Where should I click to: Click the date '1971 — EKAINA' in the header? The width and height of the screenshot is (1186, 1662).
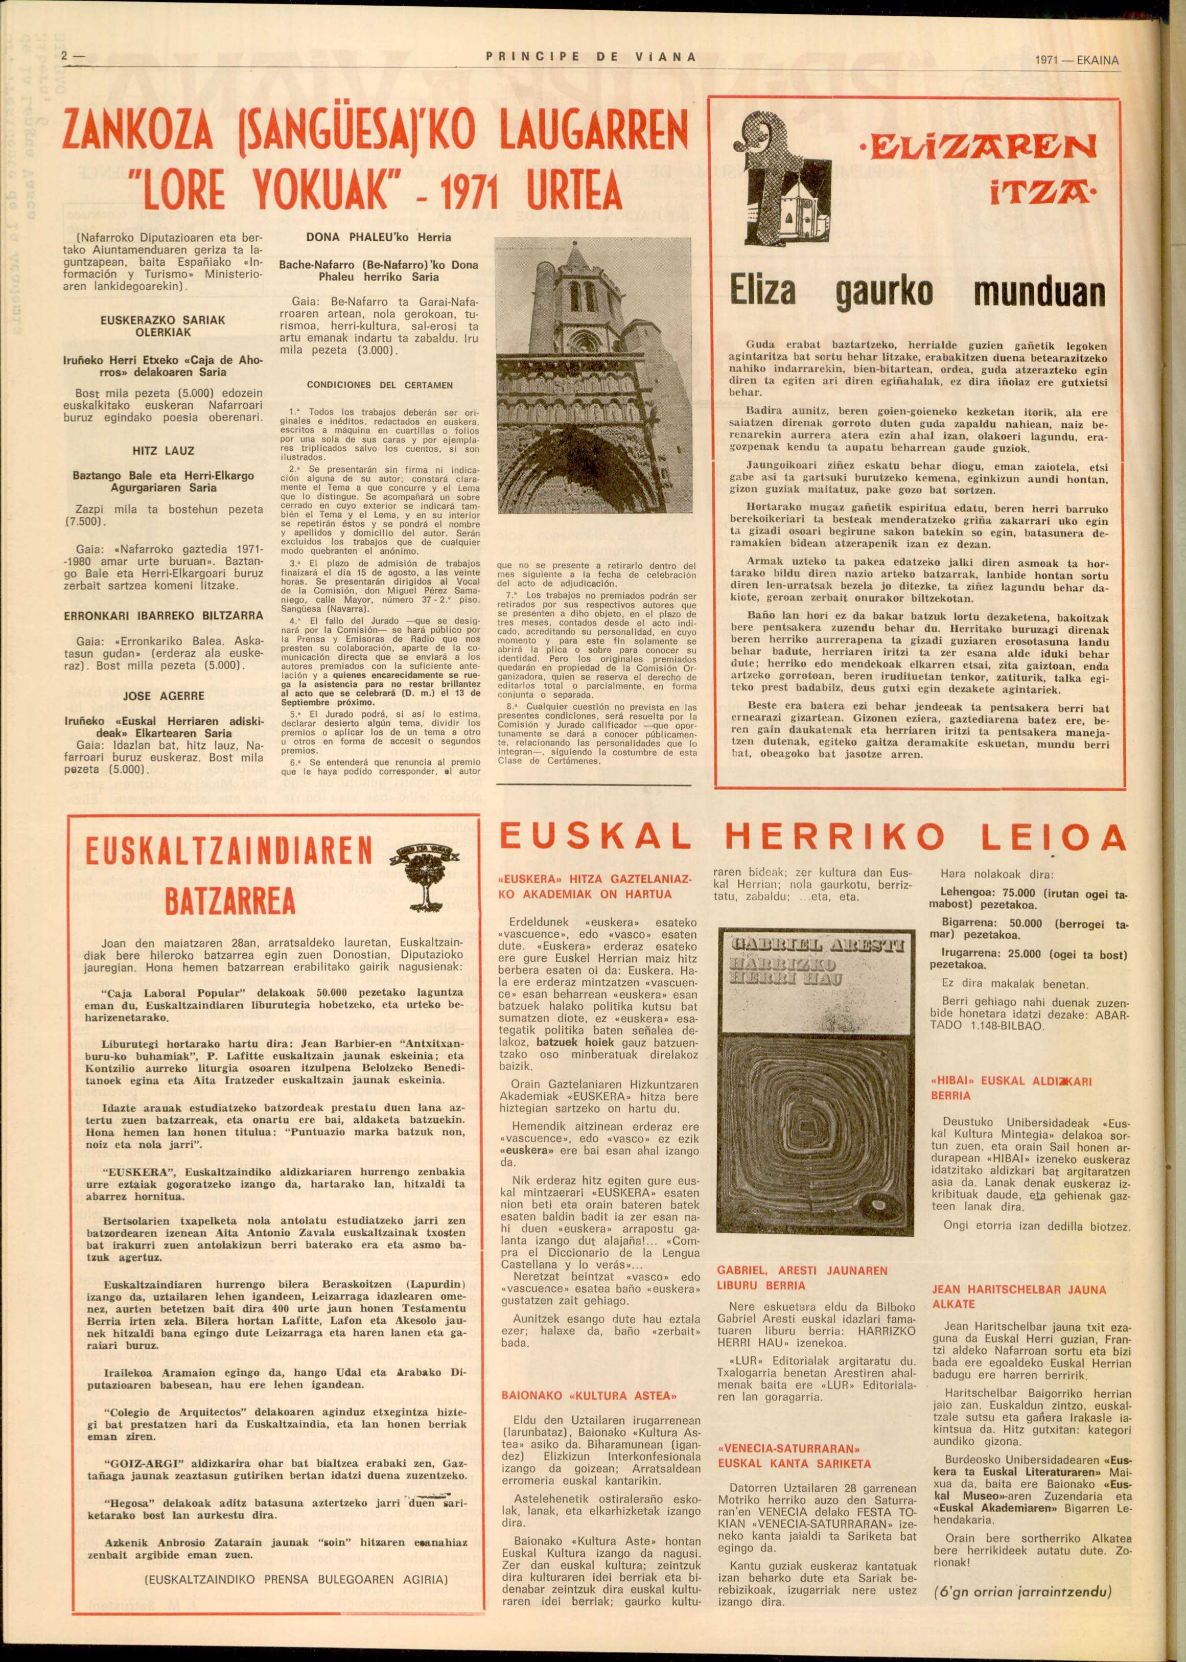pyautogui.click(x=1077, y=60)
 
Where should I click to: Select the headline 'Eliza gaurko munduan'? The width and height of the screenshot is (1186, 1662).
pyautogui.click(x=918, y=292)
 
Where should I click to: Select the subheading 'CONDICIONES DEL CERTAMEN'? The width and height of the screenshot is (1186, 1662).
pyautogui.click(x=379, y=384)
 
